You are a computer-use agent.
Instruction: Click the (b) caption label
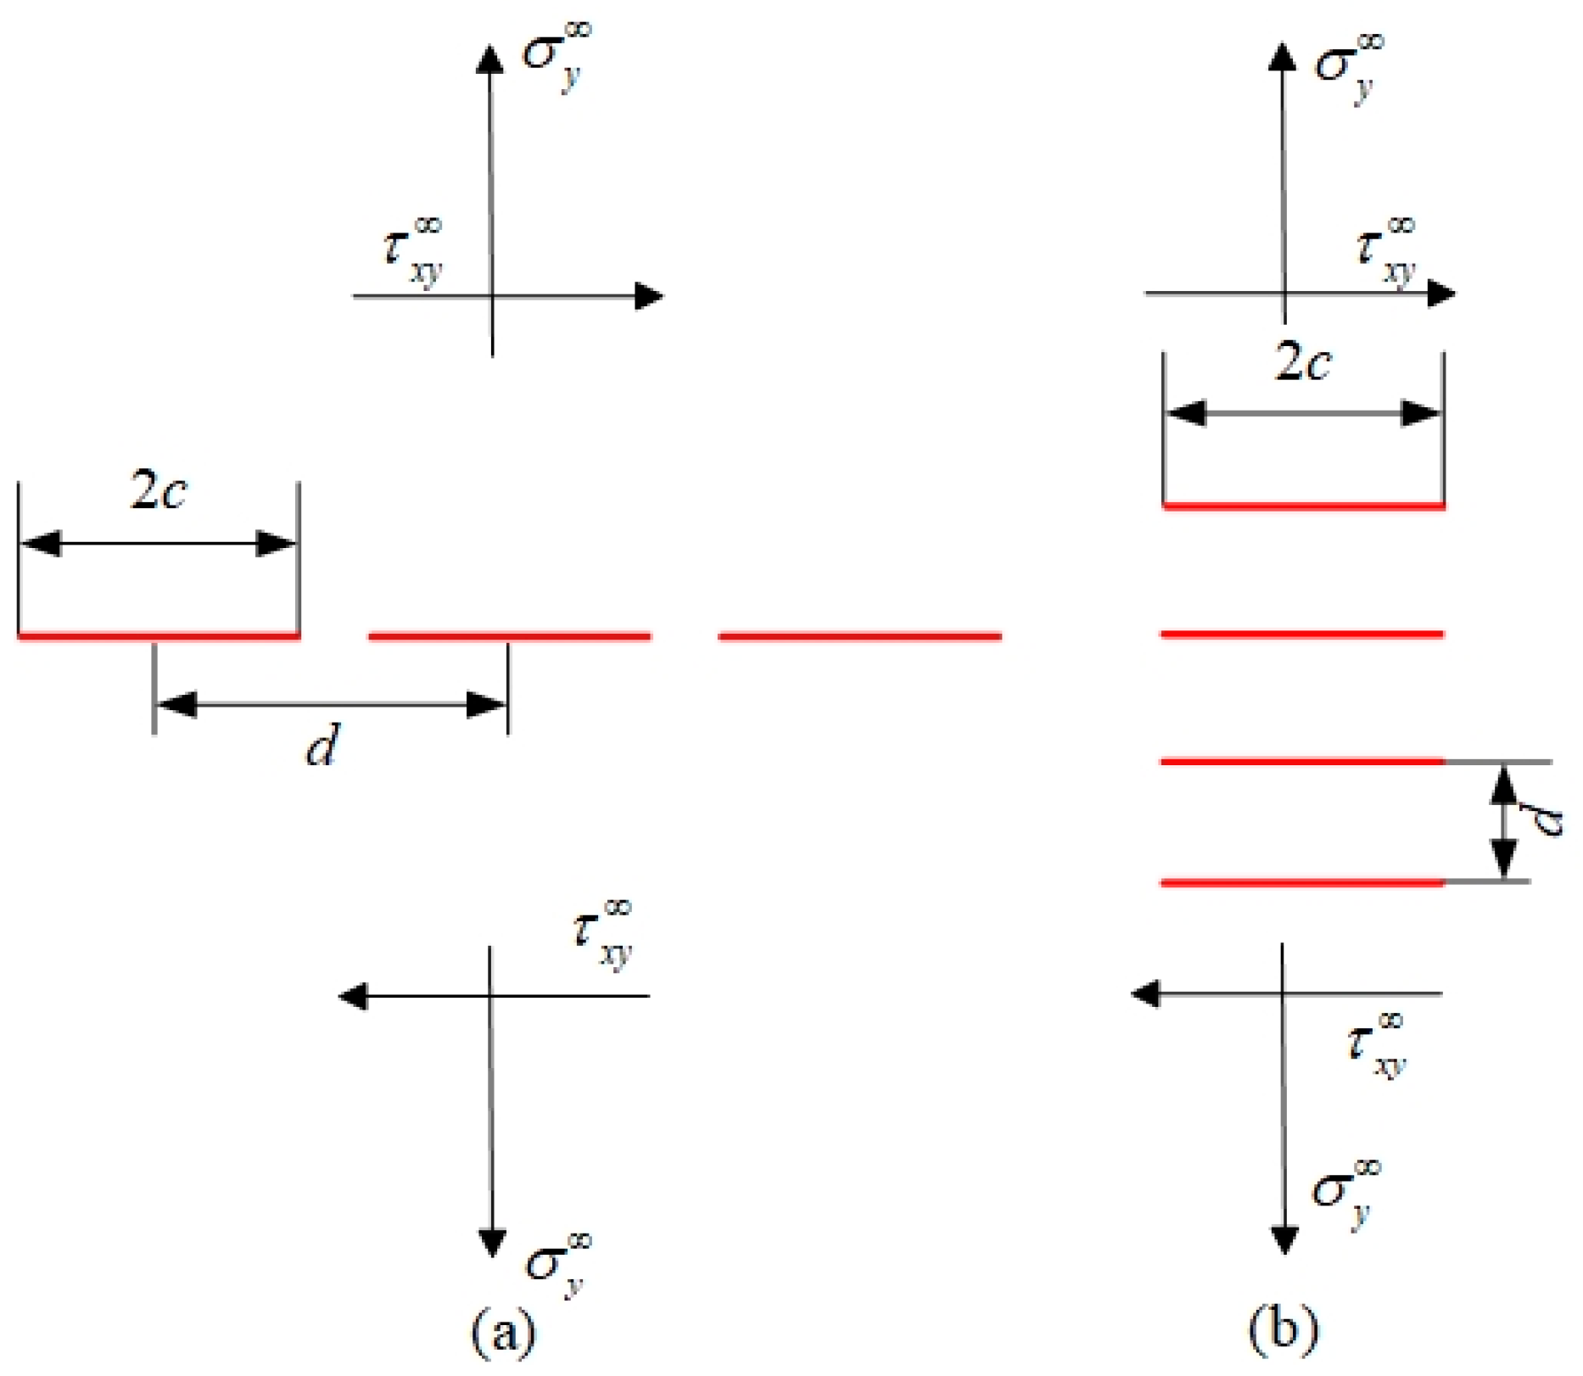point(1284,1329)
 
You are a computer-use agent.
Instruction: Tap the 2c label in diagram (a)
point(159,491)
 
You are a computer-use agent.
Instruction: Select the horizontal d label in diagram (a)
point(322,747)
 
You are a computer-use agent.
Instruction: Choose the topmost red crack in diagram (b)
point(1303,506)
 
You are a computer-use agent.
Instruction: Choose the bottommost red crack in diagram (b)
point(1302,883)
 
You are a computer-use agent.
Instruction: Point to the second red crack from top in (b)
point(1302,634)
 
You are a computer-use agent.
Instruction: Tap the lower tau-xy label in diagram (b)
point(1376,1045)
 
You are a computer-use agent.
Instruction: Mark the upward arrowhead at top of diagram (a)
point(489,59)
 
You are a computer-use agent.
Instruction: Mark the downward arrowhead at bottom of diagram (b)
point(1284,1239)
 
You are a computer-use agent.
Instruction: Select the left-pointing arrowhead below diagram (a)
point(353,996)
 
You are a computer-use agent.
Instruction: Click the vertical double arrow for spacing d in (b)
point(1503,822)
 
